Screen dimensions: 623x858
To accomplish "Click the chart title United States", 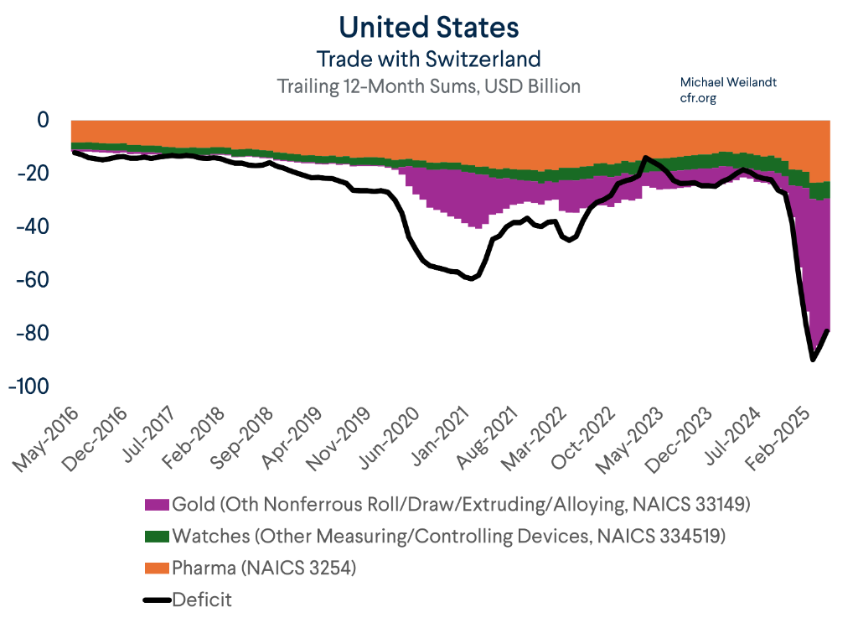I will [428, 27].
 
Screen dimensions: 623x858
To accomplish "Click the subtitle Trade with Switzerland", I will [428, 60].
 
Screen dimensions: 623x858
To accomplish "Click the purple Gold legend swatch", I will [158, 505].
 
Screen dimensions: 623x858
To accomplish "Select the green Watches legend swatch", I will [158, 537].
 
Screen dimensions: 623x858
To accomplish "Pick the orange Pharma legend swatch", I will [158, 568].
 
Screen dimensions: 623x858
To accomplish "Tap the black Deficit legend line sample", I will [158, 599].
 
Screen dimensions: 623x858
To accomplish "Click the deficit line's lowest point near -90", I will [813, 360].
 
